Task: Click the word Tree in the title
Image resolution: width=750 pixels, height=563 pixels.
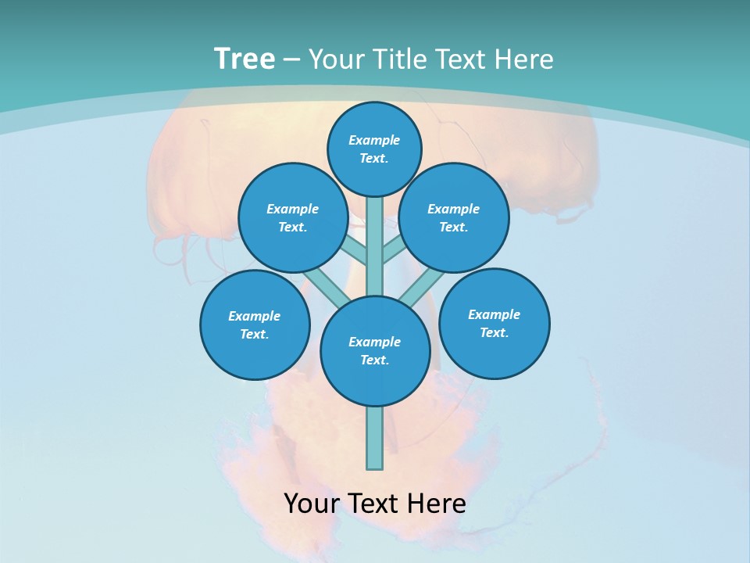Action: (x=245, y=59)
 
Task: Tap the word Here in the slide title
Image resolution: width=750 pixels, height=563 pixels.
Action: (x=527, y=59)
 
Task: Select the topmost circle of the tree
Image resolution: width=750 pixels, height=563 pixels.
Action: (x=374, y=149)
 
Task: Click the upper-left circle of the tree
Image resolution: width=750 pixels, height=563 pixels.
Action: (x=292, y=217)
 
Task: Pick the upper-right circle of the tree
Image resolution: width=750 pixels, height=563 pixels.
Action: (x=454, y=217)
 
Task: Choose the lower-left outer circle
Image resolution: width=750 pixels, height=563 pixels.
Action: (x=255, y=325)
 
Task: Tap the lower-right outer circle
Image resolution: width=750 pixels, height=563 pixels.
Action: (x=495, y=323)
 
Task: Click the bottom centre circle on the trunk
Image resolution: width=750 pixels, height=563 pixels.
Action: (x=375, y=351)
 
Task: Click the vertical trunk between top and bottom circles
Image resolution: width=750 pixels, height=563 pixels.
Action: (x=375, y=246)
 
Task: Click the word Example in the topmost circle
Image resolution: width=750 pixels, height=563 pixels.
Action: (x=374, y=140)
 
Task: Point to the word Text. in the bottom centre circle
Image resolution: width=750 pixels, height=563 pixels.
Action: (x=374, y=360)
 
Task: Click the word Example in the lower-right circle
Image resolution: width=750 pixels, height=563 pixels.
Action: (x=494, y=314)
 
